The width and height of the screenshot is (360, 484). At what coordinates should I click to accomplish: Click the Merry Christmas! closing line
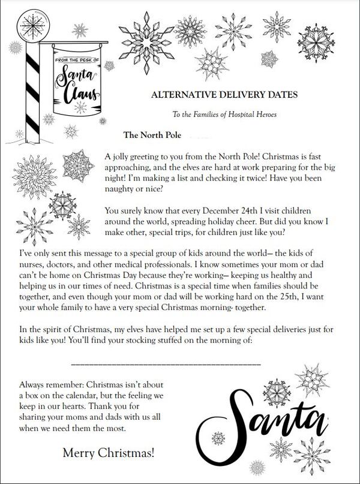108,454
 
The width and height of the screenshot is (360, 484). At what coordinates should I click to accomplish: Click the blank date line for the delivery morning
165,363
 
